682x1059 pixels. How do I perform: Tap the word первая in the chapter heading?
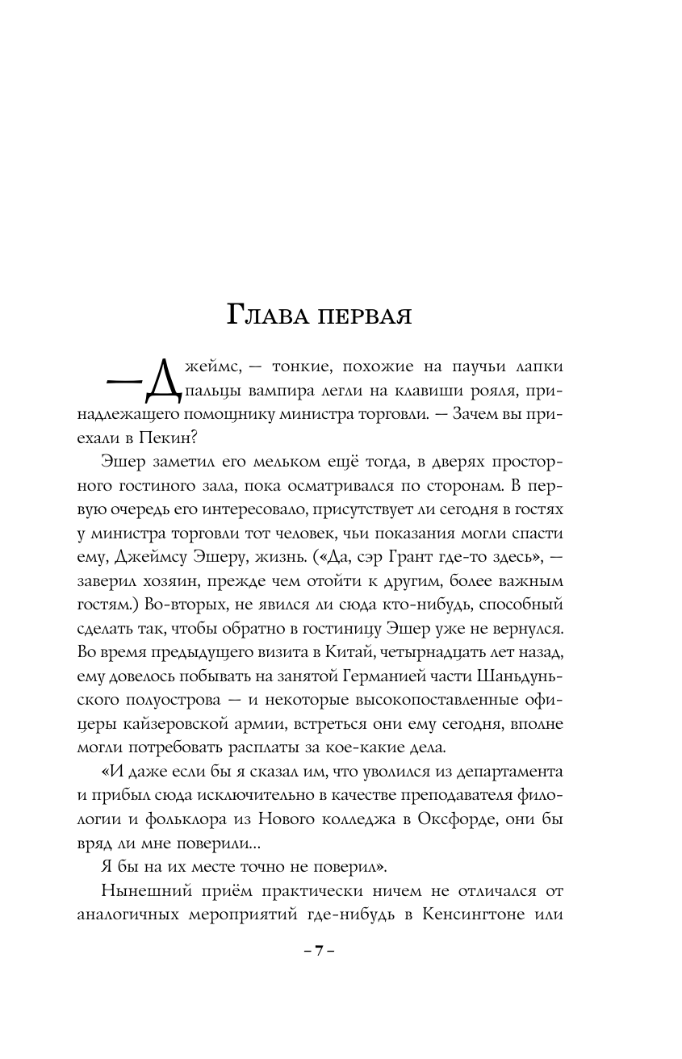366,316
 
